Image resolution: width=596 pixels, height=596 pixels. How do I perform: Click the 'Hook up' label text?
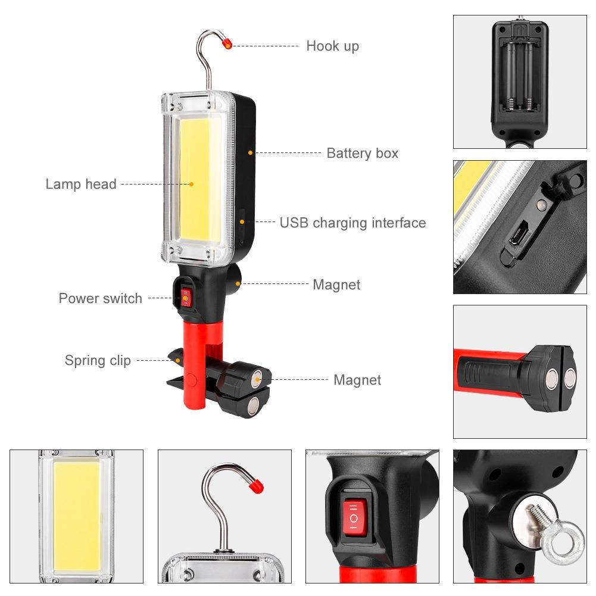click(332, 46)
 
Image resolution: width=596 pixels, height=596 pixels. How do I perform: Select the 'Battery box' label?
click(362, 153)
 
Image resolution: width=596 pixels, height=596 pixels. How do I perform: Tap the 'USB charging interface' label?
click(352, 223)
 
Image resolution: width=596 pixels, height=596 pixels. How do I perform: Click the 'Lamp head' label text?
click(81, 184)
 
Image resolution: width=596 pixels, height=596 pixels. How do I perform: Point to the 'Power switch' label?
click(100, 298)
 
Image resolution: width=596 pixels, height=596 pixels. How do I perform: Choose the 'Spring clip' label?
click(98, 360)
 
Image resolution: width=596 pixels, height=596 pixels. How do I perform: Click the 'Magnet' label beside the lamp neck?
click(336, 285)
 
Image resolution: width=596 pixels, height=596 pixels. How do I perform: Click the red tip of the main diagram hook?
click(227, 43)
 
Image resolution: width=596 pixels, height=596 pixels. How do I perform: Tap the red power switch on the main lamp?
click(186, 296)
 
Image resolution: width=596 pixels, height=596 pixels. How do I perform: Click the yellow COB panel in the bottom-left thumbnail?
click(77, 515)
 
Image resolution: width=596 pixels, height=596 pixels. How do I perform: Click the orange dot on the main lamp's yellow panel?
click(192, 185)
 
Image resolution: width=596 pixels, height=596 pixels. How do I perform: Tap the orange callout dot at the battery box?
click(251, 153)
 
